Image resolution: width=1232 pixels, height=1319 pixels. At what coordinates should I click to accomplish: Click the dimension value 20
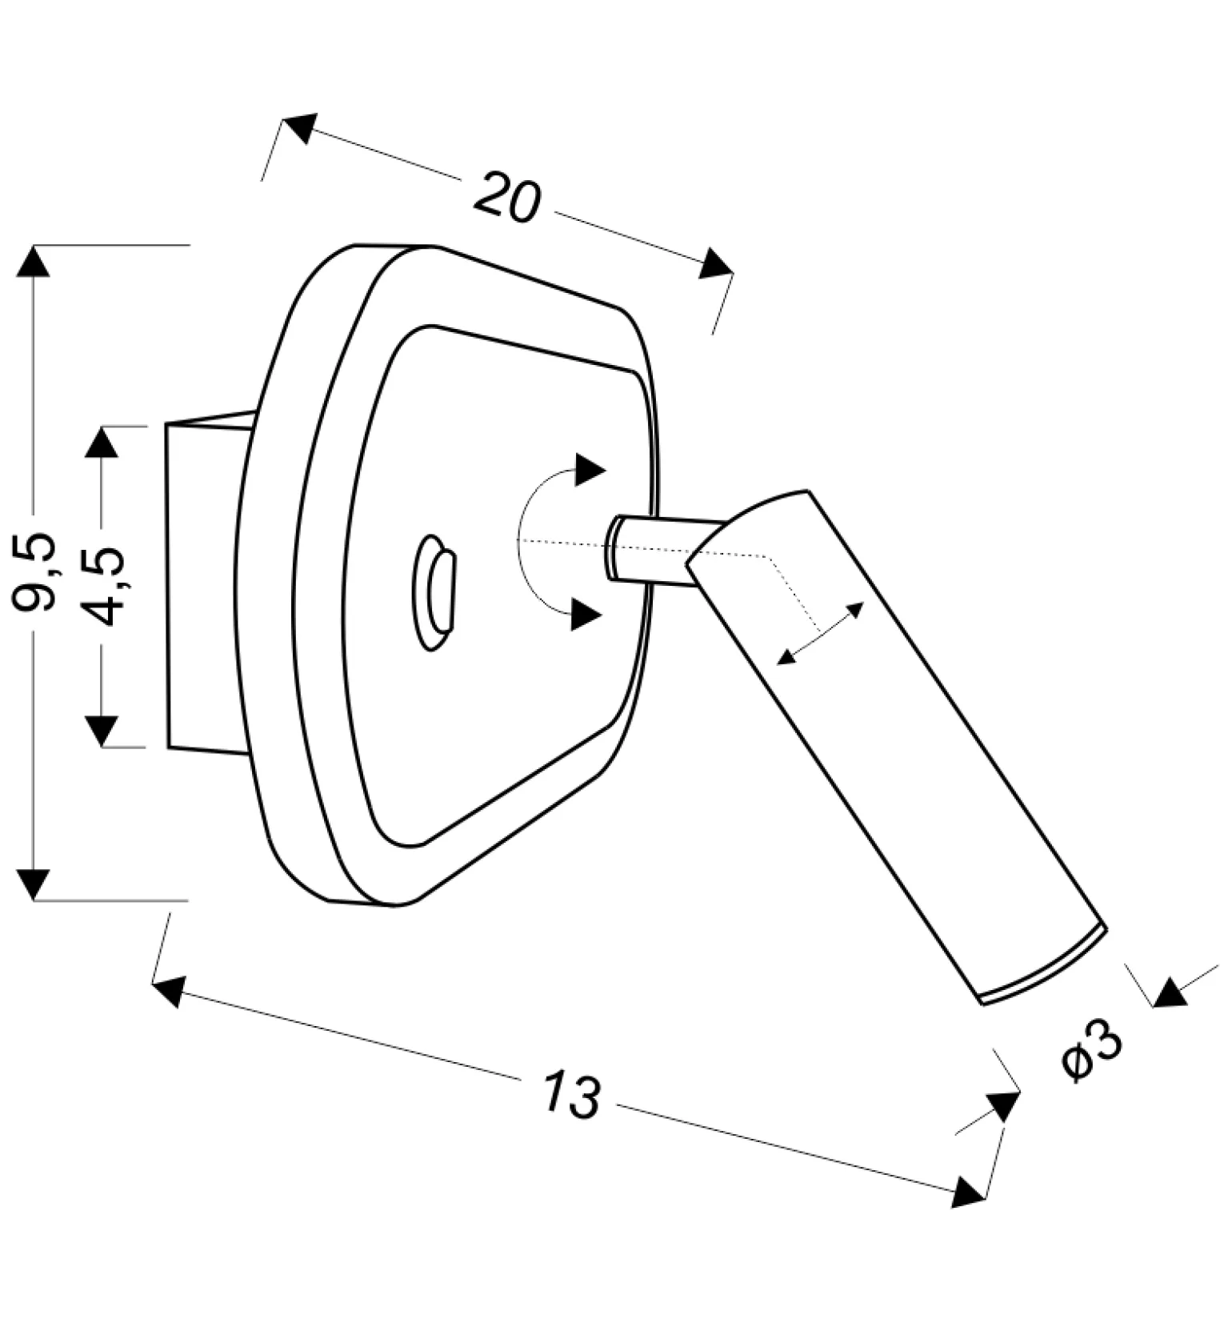tap(507, 197)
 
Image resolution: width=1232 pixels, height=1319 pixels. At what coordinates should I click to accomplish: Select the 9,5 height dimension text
tap(37, 571)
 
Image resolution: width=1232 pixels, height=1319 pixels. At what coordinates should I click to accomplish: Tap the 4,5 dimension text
tap(104, 586)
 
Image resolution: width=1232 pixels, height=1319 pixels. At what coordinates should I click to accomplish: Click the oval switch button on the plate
tap(435, 591)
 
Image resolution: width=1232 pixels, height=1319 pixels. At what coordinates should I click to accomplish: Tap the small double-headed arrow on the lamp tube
tap(821, 633)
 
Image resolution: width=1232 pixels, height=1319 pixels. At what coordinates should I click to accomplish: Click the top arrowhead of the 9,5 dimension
tap(33, 262)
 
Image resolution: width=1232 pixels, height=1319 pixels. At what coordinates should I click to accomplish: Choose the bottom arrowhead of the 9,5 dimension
tap(33, 884)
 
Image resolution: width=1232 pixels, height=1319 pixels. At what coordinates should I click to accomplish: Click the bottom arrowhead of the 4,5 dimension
tap(102, 730)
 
